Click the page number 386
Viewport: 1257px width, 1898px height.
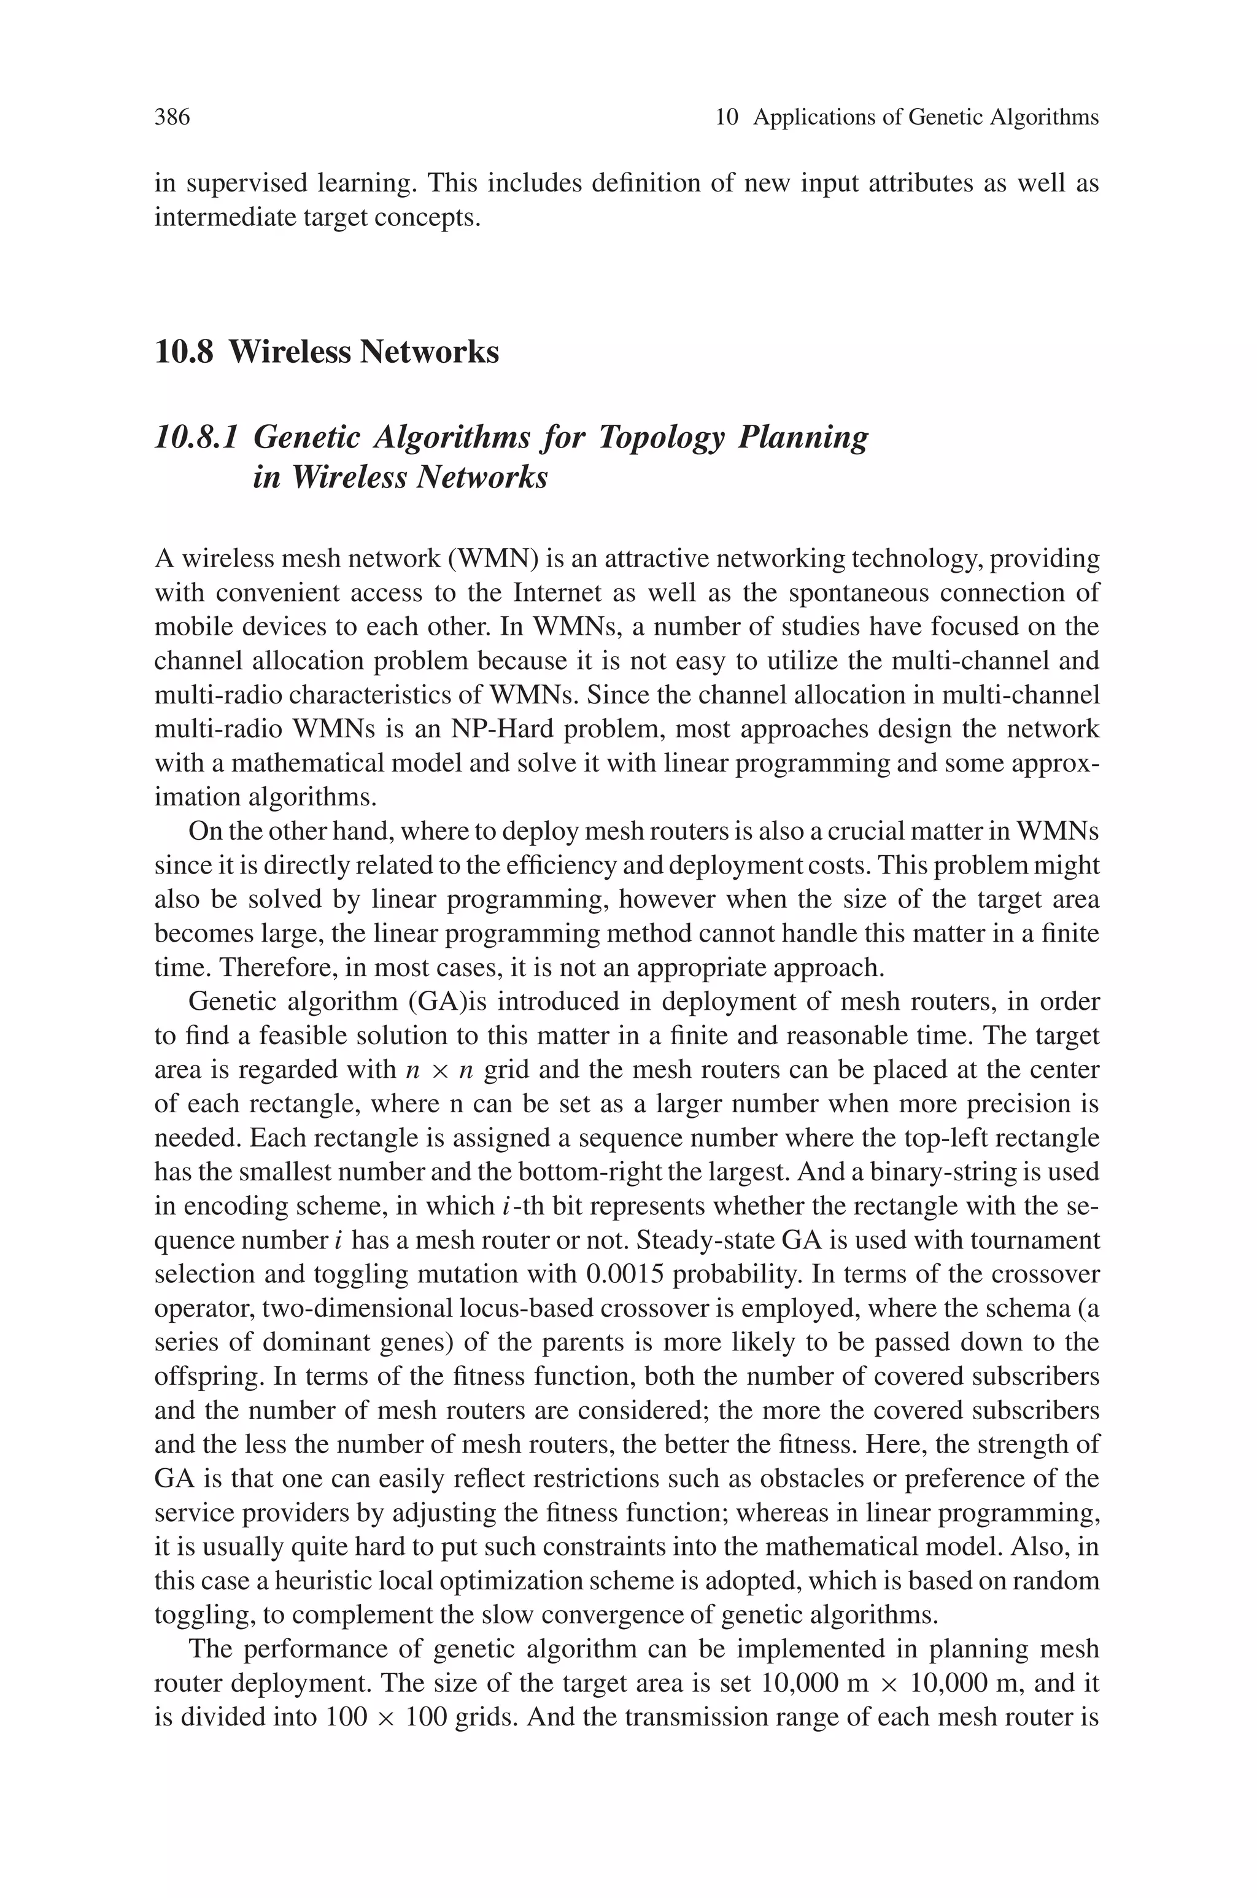point(172,118)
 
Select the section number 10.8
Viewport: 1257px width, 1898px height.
point(184,352)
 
